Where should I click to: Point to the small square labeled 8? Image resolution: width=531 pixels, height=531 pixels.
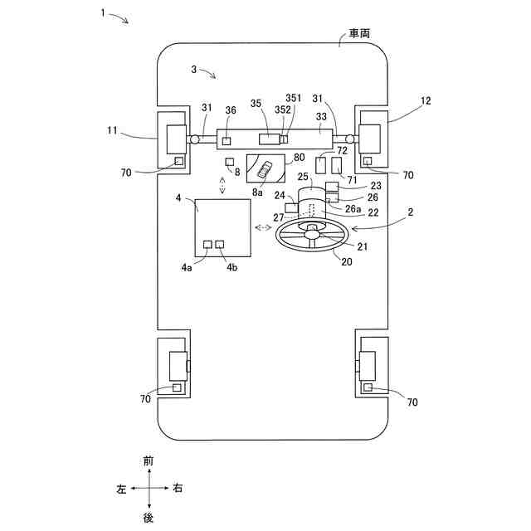point(230,160)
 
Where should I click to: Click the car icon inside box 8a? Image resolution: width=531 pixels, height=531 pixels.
point(265,170)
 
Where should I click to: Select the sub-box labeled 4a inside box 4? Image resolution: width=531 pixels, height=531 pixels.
point(208,245)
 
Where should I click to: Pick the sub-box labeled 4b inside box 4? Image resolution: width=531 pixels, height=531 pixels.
point(220,245)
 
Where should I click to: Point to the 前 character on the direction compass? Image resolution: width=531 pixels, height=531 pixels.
point(149,460)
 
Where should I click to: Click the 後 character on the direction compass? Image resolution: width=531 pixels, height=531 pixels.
point(149,517)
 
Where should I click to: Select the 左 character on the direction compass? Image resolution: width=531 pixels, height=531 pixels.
point(120,489)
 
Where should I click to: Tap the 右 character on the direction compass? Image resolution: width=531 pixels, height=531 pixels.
point(177,489)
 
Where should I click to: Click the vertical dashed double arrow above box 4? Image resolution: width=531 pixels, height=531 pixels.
point(222,183)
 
